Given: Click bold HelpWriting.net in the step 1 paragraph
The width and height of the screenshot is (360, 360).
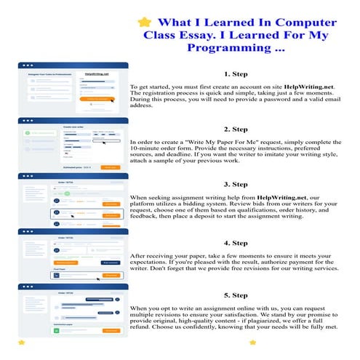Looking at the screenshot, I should point(308,87).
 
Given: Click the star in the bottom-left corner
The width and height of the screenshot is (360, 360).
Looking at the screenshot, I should point(21,342).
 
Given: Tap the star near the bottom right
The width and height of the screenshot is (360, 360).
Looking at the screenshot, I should point(253,342).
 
